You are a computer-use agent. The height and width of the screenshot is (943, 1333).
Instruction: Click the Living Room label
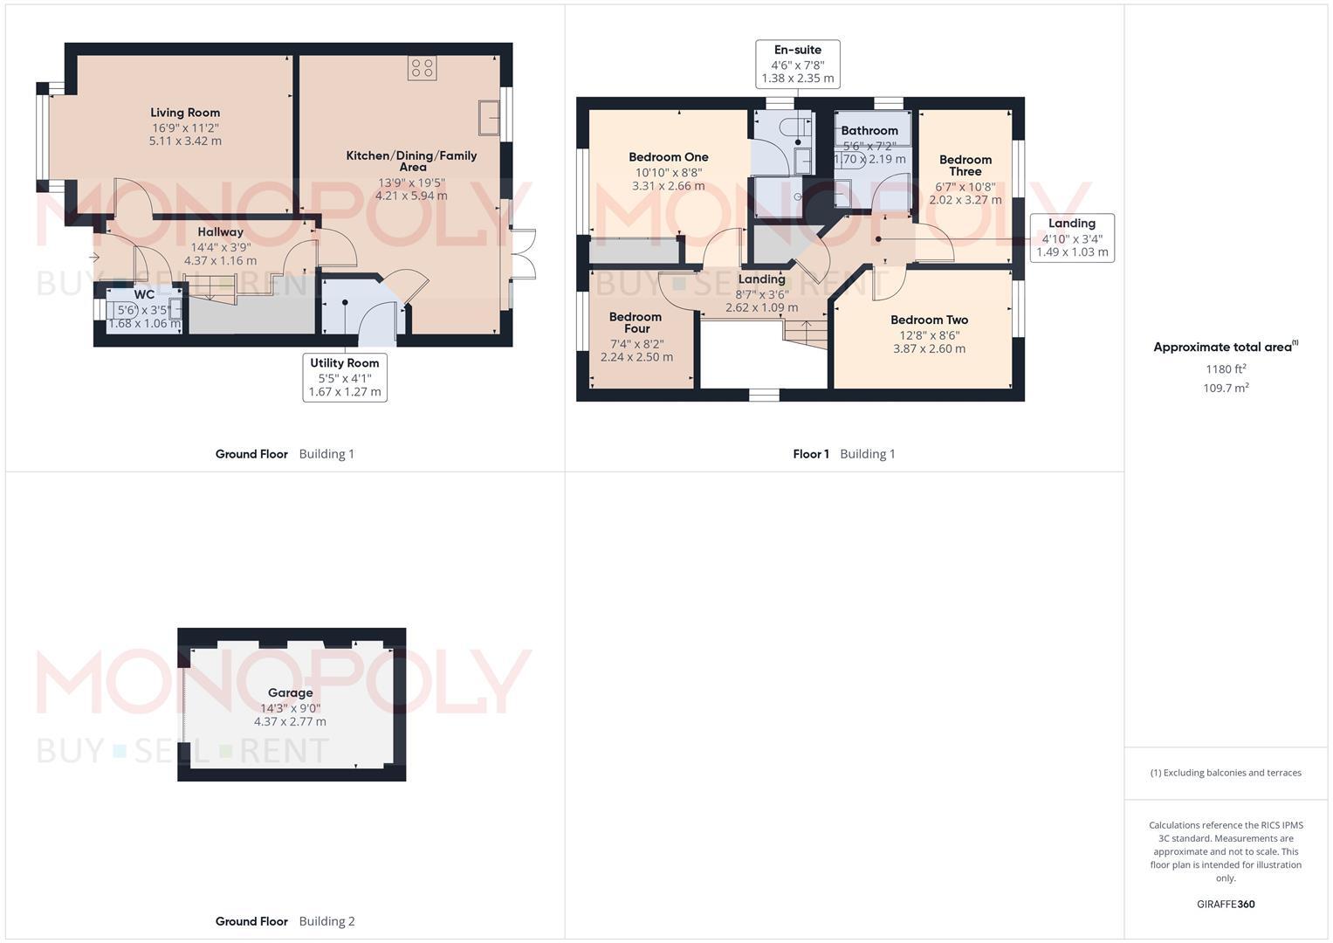(x=185, y=113)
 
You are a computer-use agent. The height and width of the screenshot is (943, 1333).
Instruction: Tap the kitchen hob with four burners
(x=422, y=69)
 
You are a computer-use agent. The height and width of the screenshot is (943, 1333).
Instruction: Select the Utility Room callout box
(x=345, y=377)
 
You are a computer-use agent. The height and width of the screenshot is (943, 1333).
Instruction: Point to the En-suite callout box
(x=798, y=64)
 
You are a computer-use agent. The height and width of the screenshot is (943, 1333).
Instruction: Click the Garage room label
(x=290, y=693)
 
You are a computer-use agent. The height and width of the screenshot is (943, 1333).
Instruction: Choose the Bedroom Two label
(x=929, y=320)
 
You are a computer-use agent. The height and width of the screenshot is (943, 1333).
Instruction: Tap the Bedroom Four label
(x=636, y=322)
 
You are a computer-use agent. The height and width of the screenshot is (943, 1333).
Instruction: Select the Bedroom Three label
(x=965, y=166)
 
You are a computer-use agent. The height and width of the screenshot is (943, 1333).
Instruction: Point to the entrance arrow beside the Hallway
(x=94, y=258)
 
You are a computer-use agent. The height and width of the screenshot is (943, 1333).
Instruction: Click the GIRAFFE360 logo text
(x=1225, y=905)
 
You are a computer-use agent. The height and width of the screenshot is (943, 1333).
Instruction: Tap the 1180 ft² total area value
(x=1226, y=368)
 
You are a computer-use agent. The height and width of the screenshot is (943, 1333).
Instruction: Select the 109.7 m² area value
(x=1226, y=389)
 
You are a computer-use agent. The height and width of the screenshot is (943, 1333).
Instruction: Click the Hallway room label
(x=220, y=232)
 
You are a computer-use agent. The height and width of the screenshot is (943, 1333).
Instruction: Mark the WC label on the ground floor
(x=144, y=295)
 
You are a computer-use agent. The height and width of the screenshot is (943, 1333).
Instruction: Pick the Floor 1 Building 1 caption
(x=843, y=454)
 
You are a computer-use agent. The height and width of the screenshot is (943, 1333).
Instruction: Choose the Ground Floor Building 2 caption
(x=285, y=921)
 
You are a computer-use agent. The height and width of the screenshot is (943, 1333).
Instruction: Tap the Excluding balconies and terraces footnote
(x=1226, y=773)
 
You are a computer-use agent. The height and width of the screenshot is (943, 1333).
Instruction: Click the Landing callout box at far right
(x=1071, y=237)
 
